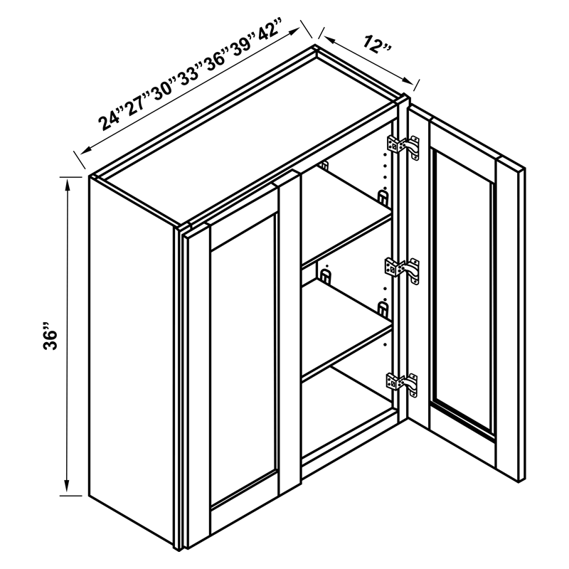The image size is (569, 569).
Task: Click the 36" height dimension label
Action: pos(50,340)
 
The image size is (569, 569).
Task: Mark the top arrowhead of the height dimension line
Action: pos(68,183)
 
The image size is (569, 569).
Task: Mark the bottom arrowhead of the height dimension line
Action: pos(68,490)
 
